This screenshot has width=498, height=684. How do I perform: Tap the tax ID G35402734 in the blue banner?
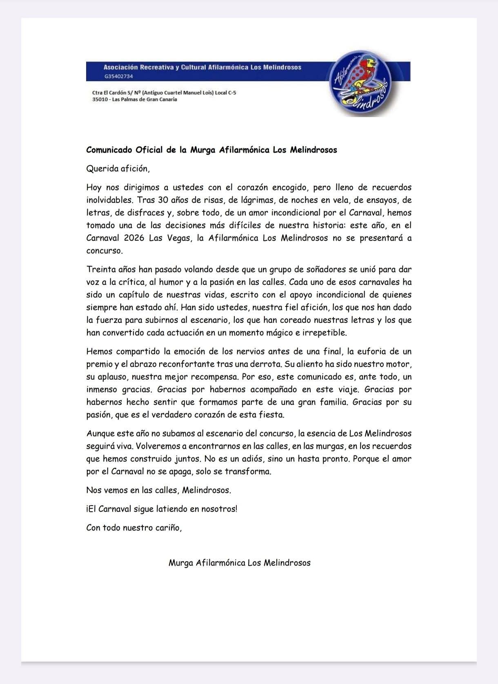[118, 76]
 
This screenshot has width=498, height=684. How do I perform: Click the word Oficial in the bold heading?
[149, 150]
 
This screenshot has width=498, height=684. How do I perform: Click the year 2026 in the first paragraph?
[134, 238]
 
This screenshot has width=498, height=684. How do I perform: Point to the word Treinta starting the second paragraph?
[100, 269]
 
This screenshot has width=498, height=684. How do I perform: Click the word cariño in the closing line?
[168, 528]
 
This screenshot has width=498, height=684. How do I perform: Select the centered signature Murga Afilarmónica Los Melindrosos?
[240, 563]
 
